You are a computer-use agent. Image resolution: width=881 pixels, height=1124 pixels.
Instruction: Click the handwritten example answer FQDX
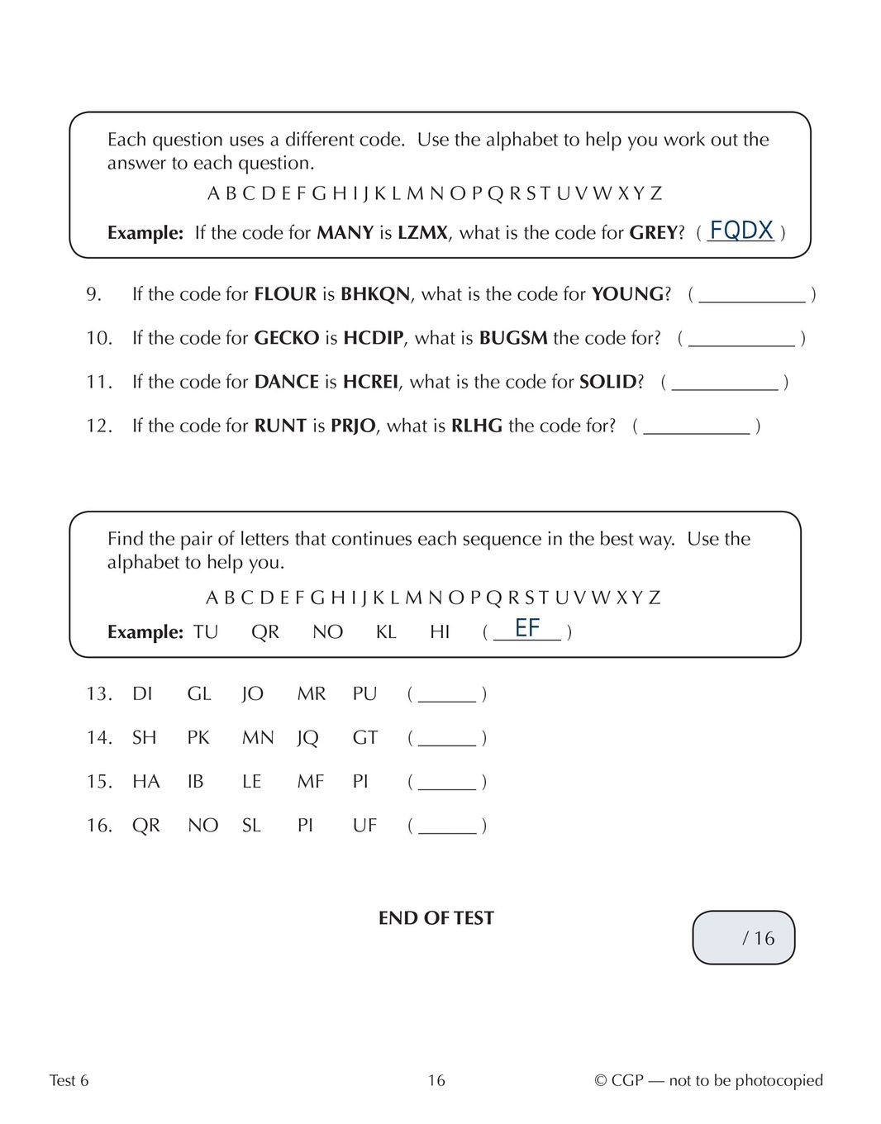pyautogui.click(x=741, y=231)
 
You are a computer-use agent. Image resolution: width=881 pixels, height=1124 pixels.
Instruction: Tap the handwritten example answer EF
pyautogui.click(x=527, y=628)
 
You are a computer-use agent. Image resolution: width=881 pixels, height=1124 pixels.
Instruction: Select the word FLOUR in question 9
pyautogui.click(x=285, y=294)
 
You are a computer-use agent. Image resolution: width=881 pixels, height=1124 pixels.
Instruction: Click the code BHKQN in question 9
pyautogui.click(x=375, y=294)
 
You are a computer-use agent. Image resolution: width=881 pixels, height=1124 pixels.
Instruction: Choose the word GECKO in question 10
pyautogui.click(x=287, y=338)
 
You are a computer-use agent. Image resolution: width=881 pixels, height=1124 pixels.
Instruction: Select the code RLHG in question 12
pyautogui.click(x=477, y=426)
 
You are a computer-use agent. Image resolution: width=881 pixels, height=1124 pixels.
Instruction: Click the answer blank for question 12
pyautogui.click(x=697, y=426)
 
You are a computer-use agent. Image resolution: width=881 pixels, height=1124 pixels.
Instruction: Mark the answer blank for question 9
pyautogui.click(x=752, y=295)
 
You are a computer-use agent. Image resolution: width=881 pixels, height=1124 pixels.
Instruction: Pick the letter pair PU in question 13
pyautogui.click(x=364, y=693)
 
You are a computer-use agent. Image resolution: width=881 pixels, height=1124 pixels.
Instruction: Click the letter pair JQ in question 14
pyautogui.click(x=307, y=737)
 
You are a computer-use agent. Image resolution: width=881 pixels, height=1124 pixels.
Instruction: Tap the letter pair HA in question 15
pyautogui.click(x=146, y=781)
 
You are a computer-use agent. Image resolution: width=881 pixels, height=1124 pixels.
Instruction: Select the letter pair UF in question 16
pyautogui.click(x=364, y=825)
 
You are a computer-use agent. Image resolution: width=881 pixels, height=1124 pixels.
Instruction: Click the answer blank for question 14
pyautogui.click(x=447, y=738)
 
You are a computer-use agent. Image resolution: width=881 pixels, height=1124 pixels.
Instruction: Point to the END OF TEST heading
pyautogui.click(x=436, y=918)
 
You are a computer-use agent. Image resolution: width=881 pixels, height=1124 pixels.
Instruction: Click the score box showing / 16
pyautogui.click(x=743, y=937)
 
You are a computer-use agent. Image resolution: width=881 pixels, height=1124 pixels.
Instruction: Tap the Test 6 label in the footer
pyautogui.click(x=69, y=1080)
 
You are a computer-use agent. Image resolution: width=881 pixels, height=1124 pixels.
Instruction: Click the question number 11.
pyautogui.click(x=98, y=382)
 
